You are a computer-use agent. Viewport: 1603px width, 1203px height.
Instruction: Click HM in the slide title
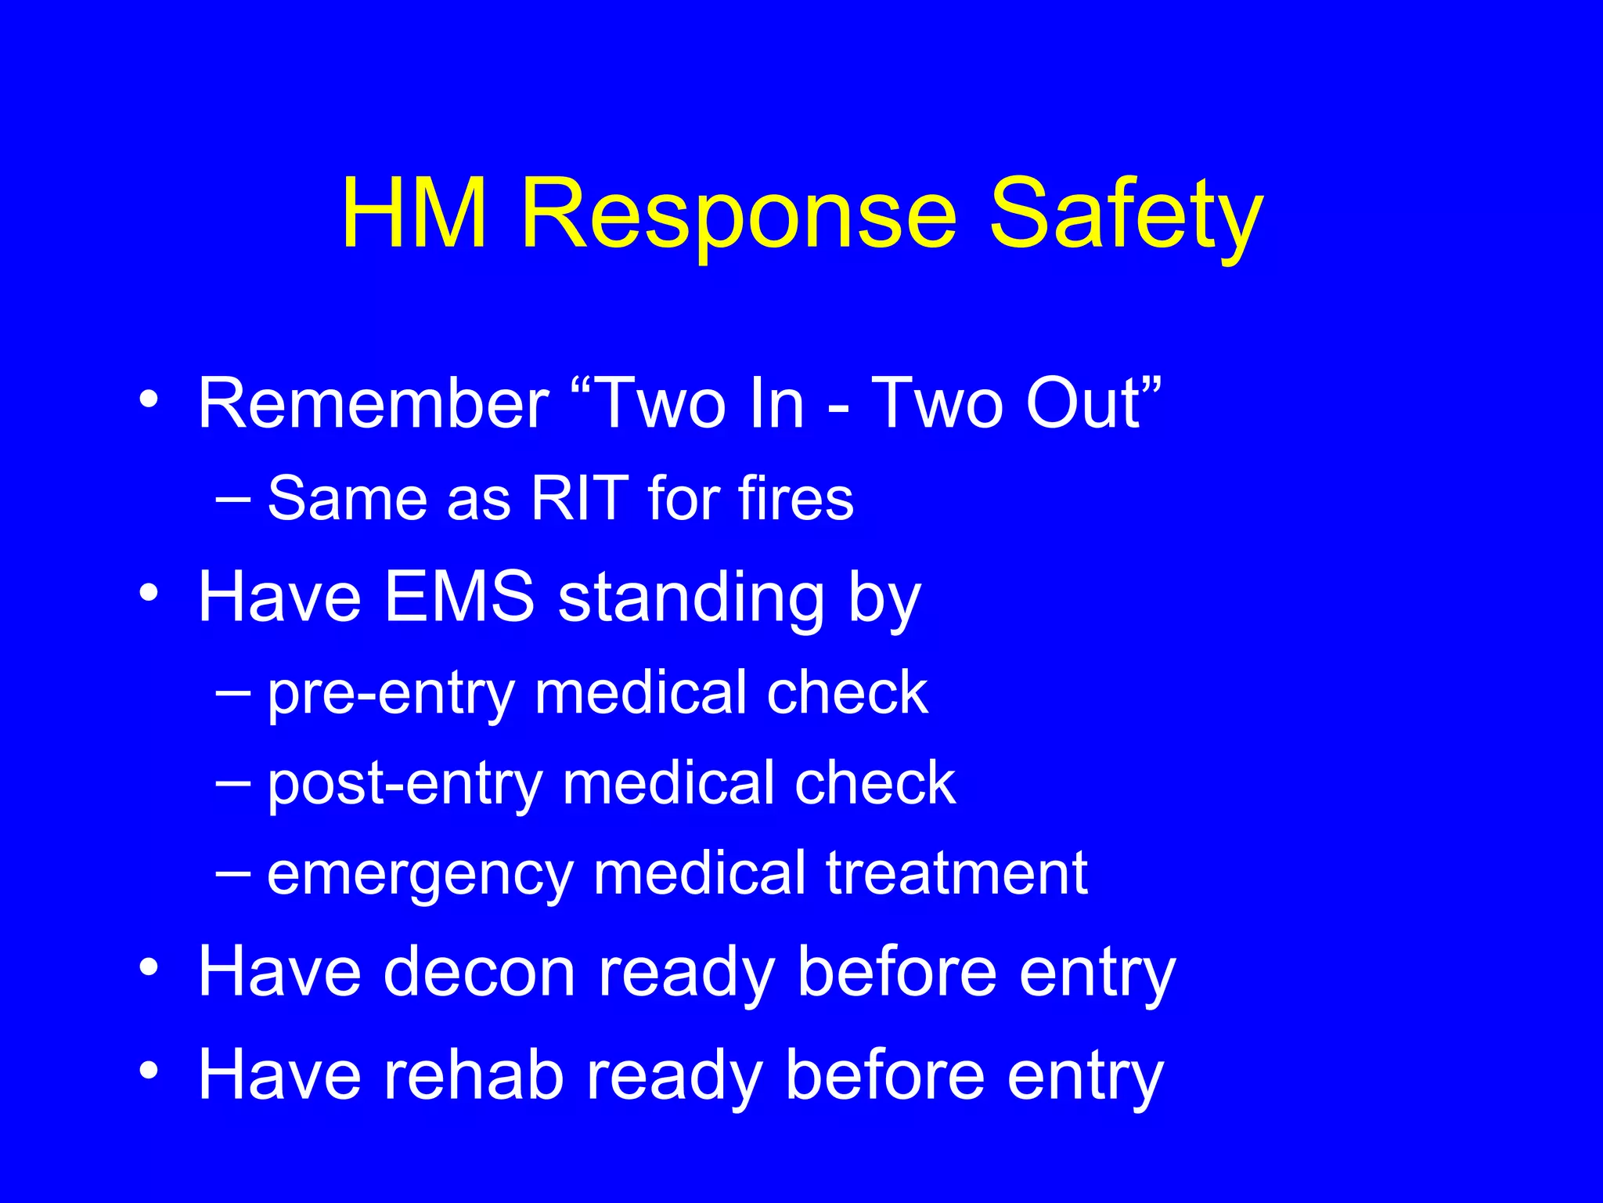[x=415, y=213]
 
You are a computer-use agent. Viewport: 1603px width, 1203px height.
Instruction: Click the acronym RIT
[x=579, y=498]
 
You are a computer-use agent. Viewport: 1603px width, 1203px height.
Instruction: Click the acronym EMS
[x=459, y=597]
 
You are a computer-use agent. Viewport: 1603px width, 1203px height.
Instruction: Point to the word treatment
[x=956, y=872]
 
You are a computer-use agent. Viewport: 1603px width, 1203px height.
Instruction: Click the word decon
[x=480, y=972]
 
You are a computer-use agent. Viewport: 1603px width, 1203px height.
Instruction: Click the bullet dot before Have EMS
[x=148, y=593]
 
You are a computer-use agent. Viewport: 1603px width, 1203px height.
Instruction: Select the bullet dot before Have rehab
[x=148, y=1070]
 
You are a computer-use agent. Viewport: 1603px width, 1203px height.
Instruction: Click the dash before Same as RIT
[x=233, y=497]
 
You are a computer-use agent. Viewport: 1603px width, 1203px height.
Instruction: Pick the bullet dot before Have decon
[x=148, y=967]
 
